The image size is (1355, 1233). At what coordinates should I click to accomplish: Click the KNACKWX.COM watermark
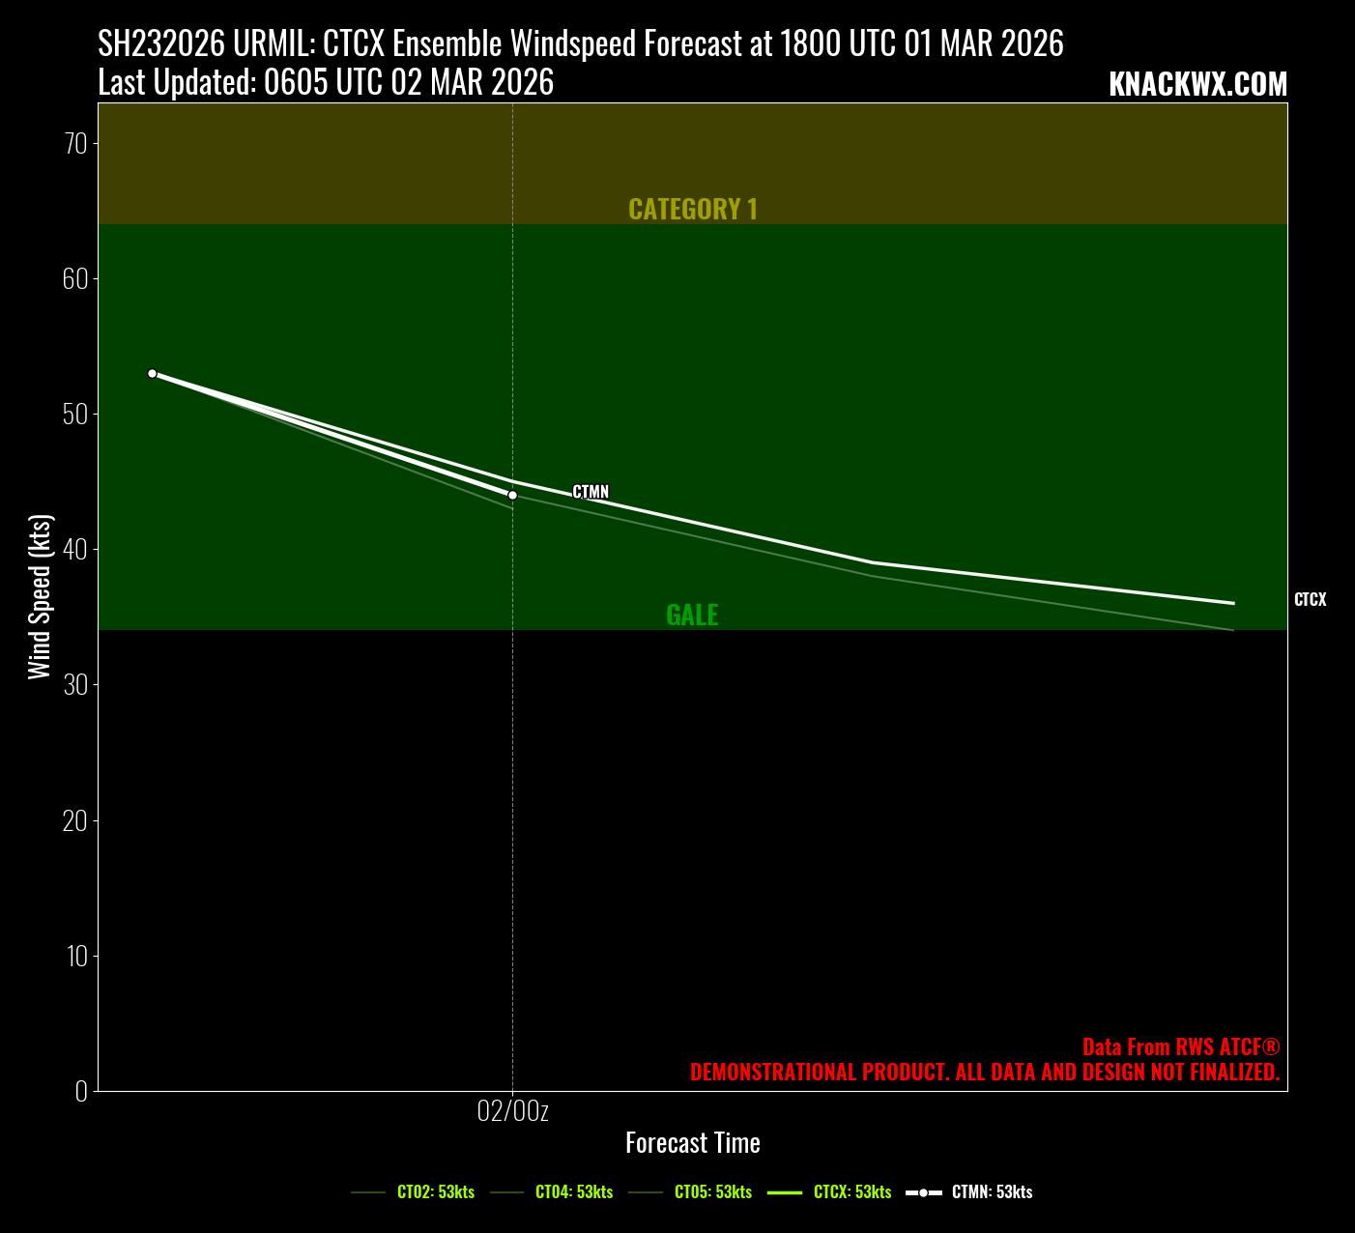pyautogui.click(x=1197, y=85)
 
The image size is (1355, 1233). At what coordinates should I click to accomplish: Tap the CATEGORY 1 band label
pyautogui.click(x=693, y=210)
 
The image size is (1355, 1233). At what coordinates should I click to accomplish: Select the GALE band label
pyautogui.click(x=692, y=616)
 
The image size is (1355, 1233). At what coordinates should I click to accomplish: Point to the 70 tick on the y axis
pyautogui.click(x=76, y=144)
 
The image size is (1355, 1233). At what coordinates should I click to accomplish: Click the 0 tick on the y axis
pyautogui.click(x=81, y=1091)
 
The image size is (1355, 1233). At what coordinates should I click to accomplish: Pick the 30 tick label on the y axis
pyautogui.click(x=76, y=685)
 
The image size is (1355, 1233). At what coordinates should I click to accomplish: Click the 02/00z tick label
pyautogui.click(x=512, y=1111)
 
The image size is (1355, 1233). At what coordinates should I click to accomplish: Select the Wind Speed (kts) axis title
pyautogui.click(x=40, y=597)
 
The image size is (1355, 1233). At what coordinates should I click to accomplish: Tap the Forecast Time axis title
pyautogui.click(x=693, y=1143)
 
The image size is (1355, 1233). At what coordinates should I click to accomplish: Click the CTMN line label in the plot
pyautogui.click(x=591, y=492)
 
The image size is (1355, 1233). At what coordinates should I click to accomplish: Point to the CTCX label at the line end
pyautogui.click(x=1310, y=600)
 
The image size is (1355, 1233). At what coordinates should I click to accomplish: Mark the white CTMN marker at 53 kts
pyautogui.click(x=152, y=373)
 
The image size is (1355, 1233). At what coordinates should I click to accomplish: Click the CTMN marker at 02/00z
pyautogui.click(x=512, y=495)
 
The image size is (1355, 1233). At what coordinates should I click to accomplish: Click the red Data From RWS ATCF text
pyautogui.click(x=1180, y=1047)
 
